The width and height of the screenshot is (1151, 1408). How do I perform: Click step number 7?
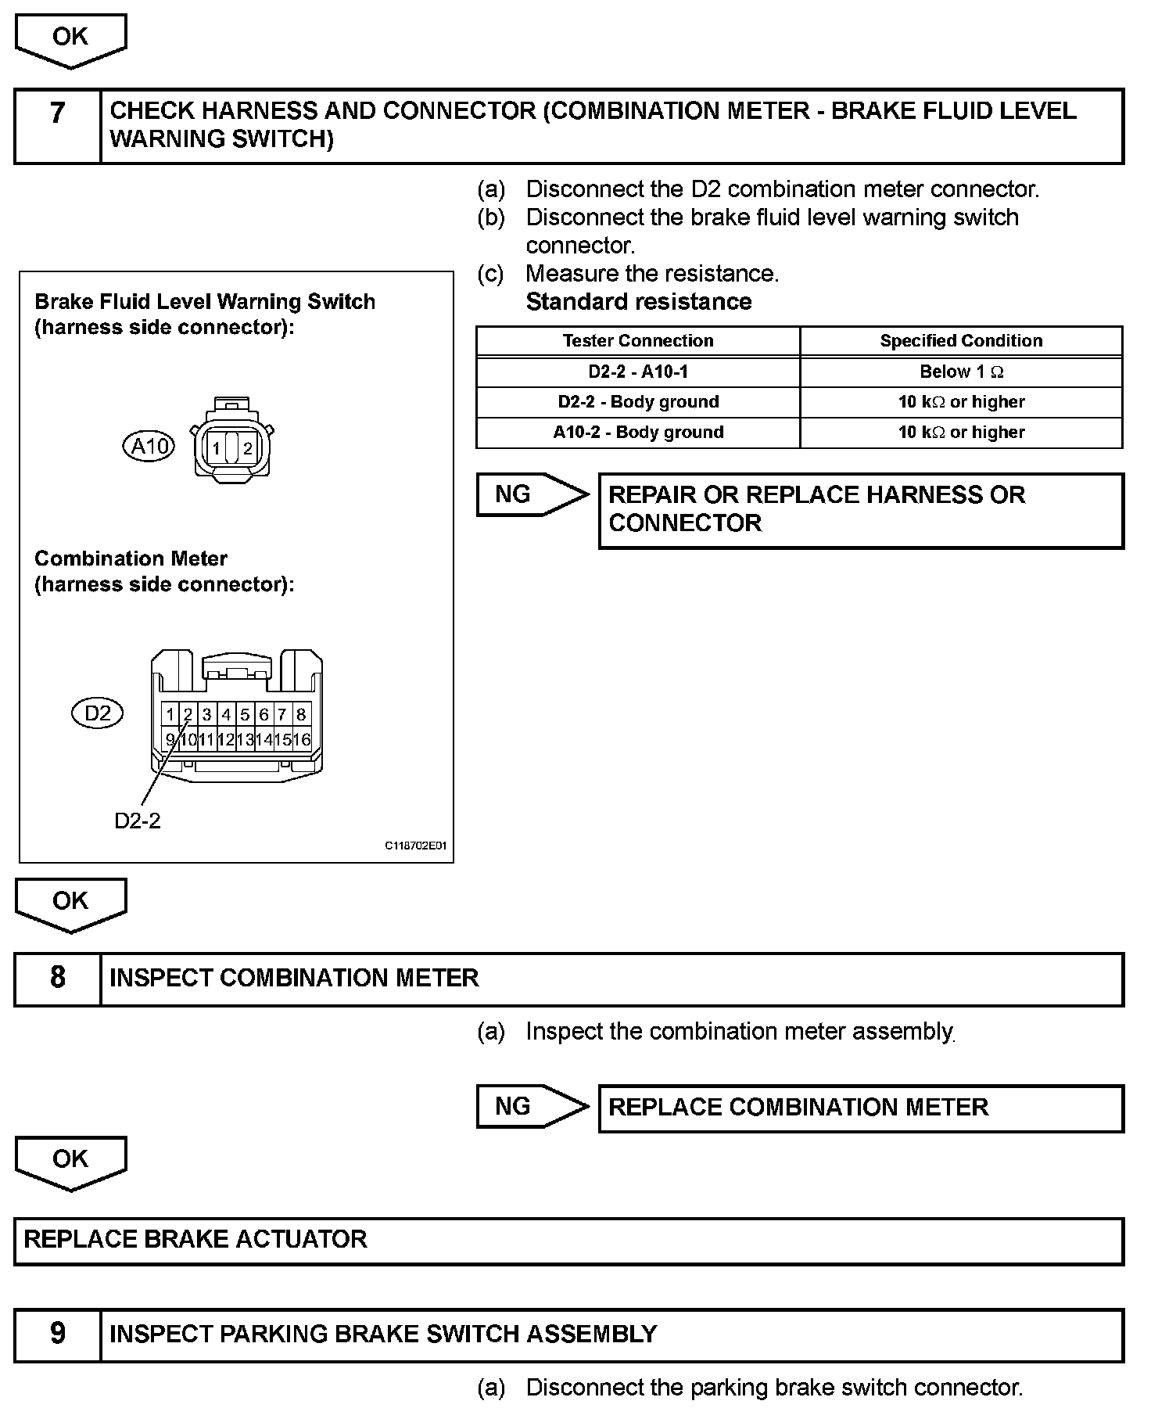[57, 114]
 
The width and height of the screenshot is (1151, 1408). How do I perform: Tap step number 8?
[57, 978]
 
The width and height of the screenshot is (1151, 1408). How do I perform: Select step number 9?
[57, 1334]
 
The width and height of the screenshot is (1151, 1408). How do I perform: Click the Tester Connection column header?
[637, 341]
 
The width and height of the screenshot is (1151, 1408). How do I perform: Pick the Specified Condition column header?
[961, 341]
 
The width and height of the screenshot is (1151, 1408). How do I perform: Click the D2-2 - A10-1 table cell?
[637, 372]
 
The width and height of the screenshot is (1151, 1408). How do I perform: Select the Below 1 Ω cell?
[961, 372]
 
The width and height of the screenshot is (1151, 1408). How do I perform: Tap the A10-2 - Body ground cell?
[637, 432]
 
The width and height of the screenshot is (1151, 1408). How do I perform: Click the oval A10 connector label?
[149, 447]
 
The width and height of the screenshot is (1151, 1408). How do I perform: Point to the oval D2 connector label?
[98, 713]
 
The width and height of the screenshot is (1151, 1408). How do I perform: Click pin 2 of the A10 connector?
[248, 449]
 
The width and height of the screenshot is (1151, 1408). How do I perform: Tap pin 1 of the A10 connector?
[215, 449]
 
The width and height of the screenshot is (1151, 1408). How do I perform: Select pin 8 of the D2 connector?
[301, 714]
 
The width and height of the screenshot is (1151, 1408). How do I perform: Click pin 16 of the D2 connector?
[302, 739]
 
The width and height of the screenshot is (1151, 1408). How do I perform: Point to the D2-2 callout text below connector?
[138, 821]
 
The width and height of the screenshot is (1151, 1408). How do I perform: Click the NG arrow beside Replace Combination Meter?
[532, 1106]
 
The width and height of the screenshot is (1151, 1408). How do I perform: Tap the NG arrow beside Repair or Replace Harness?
[532, 494]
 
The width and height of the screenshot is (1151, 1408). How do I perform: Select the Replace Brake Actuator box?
[568, 1240]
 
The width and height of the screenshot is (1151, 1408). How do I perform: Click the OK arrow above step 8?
[70, 903]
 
